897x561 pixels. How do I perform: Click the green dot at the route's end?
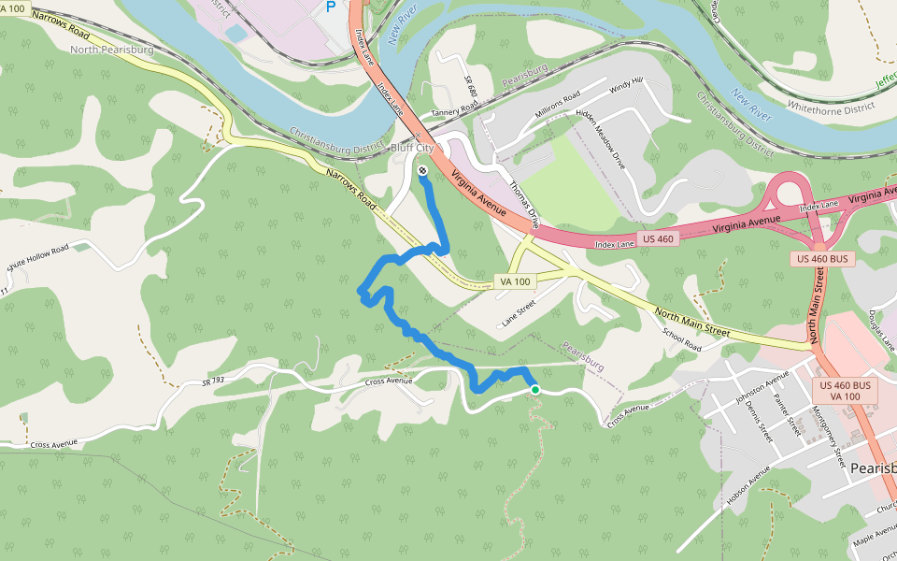[x=534, y=389]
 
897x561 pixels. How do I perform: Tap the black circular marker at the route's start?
[x=422, y=170]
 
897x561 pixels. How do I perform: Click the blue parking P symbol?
[x=330, y=7]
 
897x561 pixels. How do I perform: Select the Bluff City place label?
[x=412, y=148]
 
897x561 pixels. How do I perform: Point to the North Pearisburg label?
[x=110, y=49]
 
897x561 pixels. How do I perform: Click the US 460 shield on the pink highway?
[x=659, y=238]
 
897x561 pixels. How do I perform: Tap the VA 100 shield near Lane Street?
[x=515, y=281]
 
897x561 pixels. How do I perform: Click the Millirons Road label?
[x=557, y=101]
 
